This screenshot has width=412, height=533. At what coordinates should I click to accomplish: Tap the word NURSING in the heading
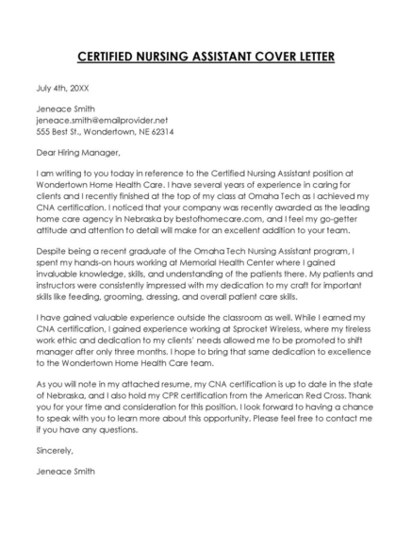tap(163, 57)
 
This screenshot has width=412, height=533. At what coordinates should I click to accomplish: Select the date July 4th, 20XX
tap(58, 87)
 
